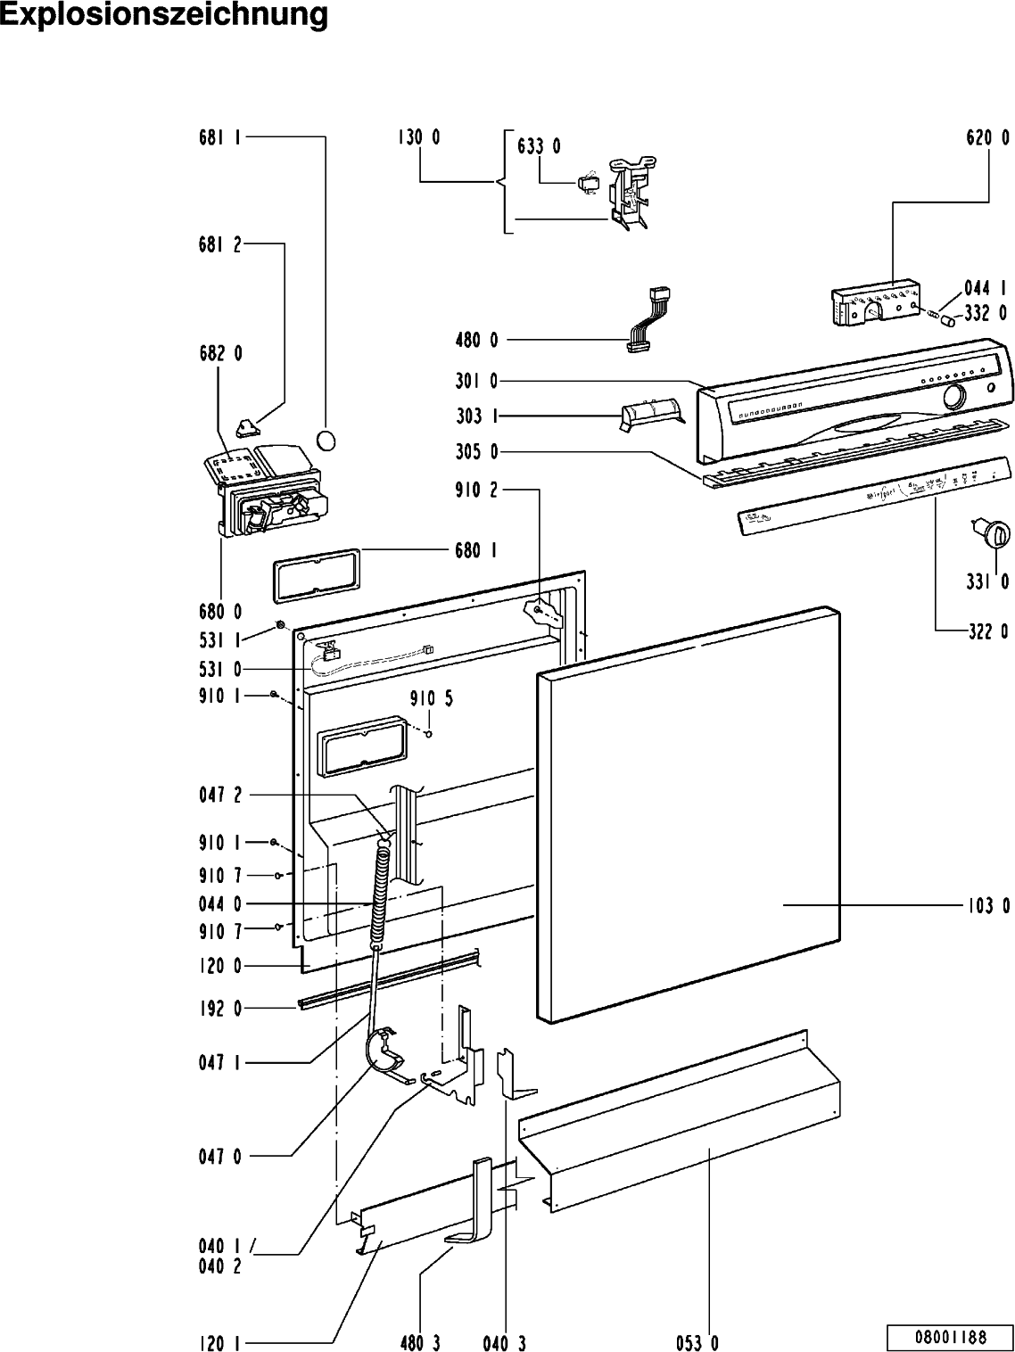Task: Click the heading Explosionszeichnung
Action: click(x=164, y=16)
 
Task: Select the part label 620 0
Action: click(x=988, y=138)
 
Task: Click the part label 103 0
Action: click(x=988, y=906)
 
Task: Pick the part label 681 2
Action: click(x=219, y=244)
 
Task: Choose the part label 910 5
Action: click(x=432, y=699)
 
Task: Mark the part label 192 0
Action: click(x=219, y=1009)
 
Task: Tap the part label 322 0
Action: click(x=988, y=631)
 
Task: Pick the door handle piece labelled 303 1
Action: click(x=650, y=414)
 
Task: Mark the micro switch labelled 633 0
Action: click(x=587, y=185)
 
